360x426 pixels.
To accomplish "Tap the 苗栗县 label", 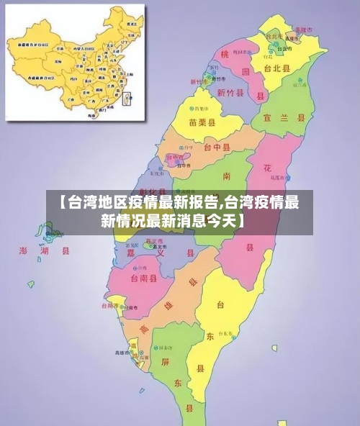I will click(x=202, y=122).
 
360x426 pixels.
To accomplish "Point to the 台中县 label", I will click(x=217, y=148).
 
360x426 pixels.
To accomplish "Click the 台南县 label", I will click(x=143, y=278).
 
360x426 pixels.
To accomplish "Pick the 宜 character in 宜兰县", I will click(x=268, y=117).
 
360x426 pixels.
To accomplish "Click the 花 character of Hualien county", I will click(x=266, y=168).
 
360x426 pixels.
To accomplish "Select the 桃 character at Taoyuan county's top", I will click(x=225, y=55).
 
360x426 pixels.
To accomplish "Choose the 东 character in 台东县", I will click(x=210, y=336).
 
